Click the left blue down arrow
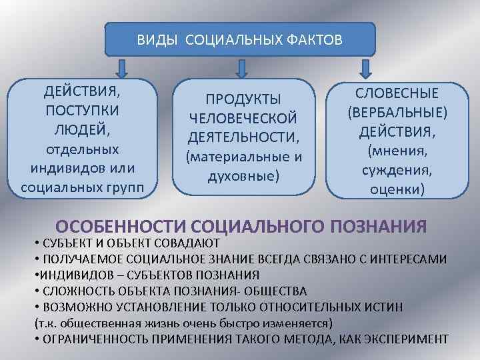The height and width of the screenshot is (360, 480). [x=121, y=68]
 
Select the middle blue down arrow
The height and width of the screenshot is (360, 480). [x=241, y=68]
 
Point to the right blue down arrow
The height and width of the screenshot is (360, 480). [x=365, y=68]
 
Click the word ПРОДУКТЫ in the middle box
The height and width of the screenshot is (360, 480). [x=243, y=99]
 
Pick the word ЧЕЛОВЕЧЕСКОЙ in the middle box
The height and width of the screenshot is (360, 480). [x=243, y=119]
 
